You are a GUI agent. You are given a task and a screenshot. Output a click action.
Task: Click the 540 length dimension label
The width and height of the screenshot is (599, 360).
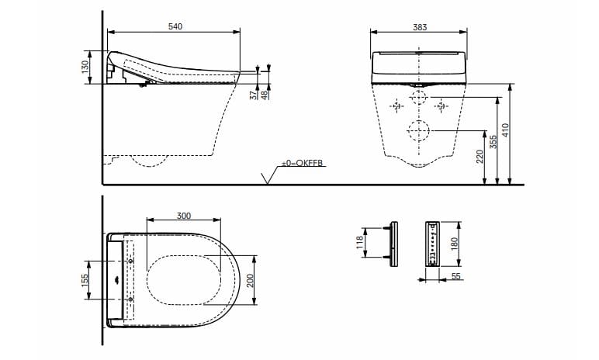(175, 26)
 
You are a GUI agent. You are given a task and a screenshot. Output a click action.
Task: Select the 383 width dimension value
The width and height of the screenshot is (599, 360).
(420, 26)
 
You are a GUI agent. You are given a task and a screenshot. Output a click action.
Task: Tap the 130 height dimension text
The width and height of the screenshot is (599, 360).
(85, 67)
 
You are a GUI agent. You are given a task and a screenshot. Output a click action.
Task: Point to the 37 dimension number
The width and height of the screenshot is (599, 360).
(253, 94)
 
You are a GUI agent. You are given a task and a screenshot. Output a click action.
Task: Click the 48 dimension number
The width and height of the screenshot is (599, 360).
(265, 94)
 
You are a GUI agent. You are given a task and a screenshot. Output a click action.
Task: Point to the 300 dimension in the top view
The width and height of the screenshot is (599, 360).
(183, 216)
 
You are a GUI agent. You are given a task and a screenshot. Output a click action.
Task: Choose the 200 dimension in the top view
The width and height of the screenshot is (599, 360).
(251, 279)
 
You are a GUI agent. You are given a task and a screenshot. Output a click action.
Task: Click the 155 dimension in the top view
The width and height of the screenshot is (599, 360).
(85, 275)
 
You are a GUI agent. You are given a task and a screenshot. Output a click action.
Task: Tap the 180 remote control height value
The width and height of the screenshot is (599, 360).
(455, 243)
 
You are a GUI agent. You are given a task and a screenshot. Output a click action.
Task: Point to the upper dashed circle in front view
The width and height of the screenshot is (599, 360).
(418, 99)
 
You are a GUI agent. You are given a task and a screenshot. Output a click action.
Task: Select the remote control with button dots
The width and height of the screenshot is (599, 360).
(431, 243)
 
